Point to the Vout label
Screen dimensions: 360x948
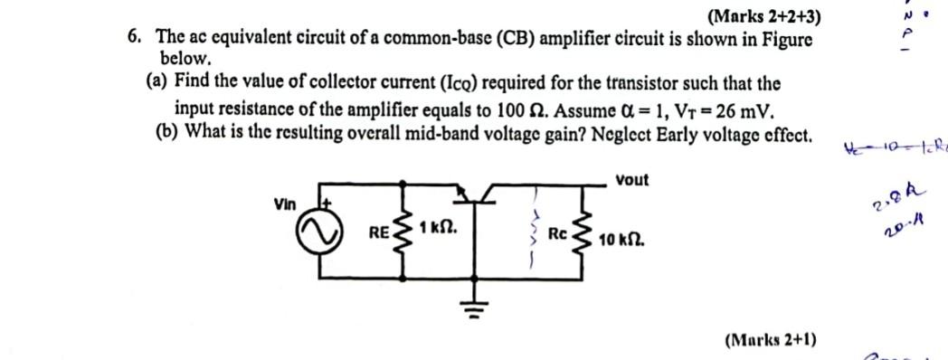pyautogui.click(x=631, y=180)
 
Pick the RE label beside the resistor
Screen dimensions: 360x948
pyautogui.click(x=379, y=232)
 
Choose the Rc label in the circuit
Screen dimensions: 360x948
pyautogui.click(x=558, y=234)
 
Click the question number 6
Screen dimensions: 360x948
pyautogui.click(x=134, y=37)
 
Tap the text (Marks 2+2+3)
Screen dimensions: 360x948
pyautogui.click(x=765, y=16)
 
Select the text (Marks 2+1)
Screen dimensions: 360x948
pyautogui.click(x=770, y=340)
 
